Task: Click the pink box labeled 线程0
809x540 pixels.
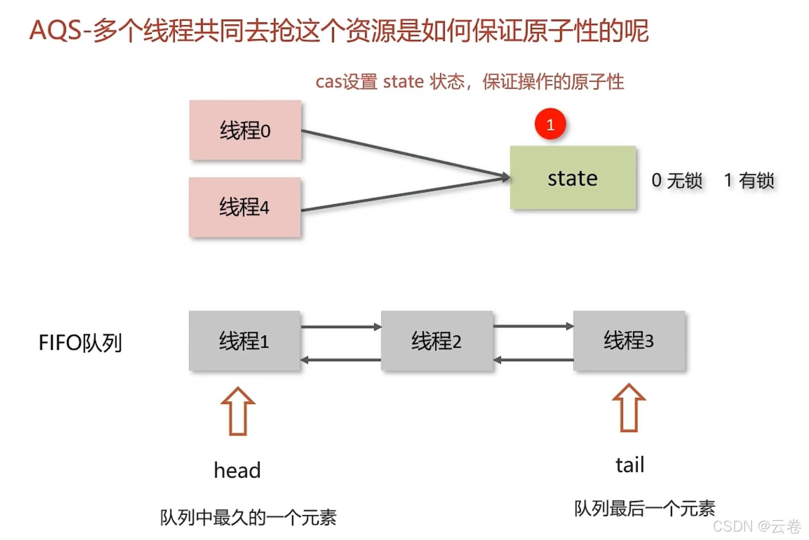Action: tap(245, 130)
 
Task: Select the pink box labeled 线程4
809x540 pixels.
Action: tap(245, 207)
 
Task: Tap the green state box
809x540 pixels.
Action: tap(572, 177)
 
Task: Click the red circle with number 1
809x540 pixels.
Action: tap(550, 124)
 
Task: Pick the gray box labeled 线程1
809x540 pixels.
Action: tap(244, 341)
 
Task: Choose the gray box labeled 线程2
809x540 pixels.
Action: tap(436, 341)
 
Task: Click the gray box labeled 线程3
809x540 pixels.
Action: tap(628, 341)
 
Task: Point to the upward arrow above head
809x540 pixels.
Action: tap(238, 411)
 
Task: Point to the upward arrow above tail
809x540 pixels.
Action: tap(628, 408)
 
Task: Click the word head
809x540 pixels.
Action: tap(237, 470)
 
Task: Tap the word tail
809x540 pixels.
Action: tap(629, 465)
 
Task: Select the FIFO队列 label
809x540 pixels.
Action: tap(80, 343)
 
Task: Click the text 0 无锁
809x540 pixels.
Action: tap(677, 181)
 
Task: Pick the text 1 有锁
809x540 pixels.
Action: tap(749, 181)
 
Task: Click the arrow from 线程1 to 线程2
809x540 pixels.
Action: tap(340, 327)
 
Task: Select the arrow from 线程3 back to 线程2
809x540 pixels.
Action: tap(533, 360)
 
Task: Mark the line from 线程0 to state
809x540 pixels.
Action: tap(402, 153)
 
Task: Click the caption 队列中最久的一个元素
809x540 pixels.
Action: tap(248, 518)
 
